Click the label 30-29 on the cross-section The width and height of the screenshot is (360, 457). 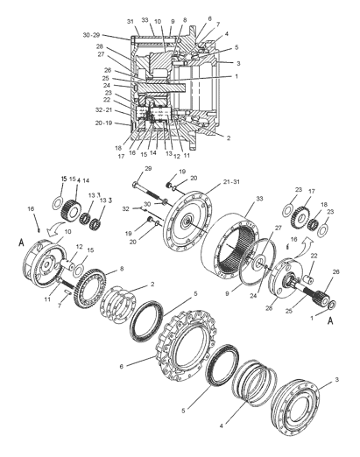pos(91,35)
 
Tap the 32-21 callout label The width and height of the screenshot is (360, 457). pos(103,110)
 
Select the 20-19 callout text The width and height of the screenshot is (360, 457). pos(103,123)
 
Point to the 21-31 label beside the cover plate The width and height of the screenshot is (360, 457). pos(231,181)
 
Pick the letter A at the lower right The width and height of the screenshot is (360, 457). pos(330,321)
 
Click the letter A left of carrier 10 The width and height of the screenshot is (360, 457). pos(21,243)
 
